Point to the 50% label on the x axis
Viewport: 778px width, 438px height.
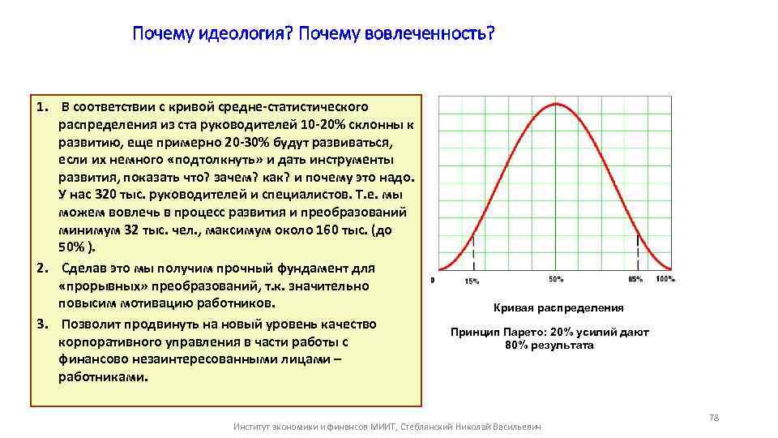point(556,280)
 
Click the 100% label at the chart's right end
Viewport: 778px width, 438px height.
point(665,280)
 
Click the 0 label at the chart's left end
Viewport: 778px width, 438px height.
point(433,280)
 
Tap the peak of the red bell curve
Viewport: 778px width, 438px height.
point(557,103)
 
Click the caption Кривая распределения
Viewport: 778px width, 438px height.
point(558,307)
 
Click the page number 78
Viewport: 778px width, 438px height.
point(714,417)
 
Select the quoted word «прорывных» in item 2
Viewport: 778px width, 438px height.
point(96,286)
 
